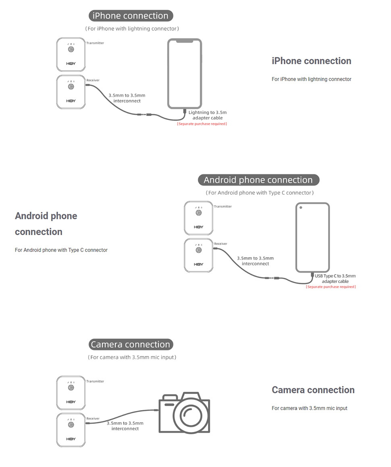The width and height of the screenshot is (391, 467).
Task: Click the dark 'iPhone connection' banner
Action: click(131, 16)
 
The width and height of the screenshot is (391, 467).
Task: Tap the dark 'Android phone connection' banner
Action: click(258, 180)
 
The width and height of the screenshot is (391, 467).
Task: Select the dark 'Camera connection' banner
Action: click(131, 344)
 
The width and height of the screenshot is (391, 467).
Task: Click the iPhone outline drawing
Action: click(185, 73)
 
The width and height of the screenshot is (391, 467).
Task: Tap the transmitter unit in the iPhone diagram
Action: click(71, 54)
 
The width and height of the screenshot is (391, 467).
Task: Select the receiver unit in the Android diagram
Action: click(198, 255)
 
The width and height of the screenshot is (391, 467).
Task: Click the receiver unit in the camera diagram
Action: click(71, 430)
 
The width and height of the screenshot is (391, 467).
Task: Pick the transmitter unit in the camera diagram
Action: click(71, 393)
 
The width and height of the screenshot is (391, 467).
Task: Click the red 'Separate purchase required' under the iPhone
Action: click(202, 124)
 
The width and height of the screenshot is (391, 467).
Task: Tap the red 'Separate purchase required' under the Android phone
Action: click(331, 287)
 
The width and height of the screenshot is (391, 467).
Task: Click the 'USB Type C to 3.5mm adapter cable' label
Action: click(335, 278)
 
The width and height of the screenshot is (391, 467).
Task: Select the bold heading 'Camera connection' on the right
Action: click(313, 390)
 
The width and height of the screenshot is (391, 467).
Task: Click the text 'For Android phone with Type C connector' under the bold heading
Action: click(61, 250)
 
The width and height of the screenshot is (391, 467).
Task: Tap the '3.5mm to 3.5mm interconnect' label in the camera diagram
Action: click(125, 426)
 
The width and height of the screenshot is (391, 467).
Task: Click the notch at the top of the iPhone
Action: click(185, 41)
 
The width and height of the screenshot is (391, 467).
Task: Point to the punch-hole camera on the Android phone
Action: click(301, 208)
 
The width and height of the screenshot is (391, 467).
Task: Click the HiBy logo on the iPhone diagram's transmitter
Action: click(71, 64)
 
